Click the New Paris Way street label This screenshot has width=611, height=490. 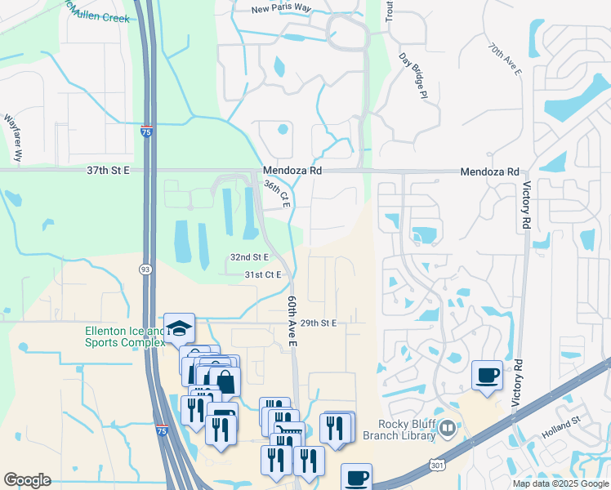coord(283,9)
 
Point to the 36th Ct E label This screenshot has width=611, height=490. coord(277,194)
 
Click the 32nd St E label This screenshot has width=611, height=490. coord(249,256)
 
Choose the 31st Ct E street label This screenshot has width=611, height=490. coord(263,274)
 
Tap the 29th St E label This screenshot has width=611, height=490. coord(319,323)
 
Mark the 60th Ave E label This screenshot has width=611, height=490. coord(291,321)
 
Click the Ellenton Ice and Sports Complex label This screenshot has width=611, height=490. coord(124,336)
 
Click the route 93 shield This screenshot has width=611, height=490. coord(145,269)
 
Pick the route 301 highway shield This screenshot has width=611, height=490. coord(437,463)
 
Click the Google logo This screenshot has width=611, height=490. coord(27,480)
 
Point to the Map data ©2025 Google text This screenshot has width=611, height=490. coord(560,483)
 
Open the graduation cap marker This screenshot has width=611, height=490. coord(179,328)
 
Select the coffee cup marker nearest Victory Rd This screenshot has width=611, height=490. coord(488,376)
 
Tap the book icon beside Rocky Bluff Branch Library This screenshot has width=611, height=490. coord(447,427)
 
